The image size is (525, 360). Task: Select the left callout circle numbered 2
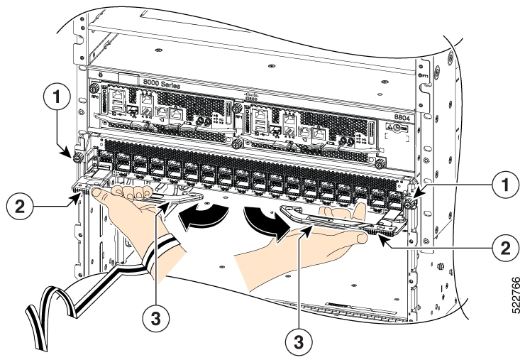[x=19, y=207]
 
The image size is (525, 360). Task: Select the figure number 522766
[x=514, y=290]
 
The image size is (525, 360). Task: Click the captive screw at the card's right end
[x=410, y=203]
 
